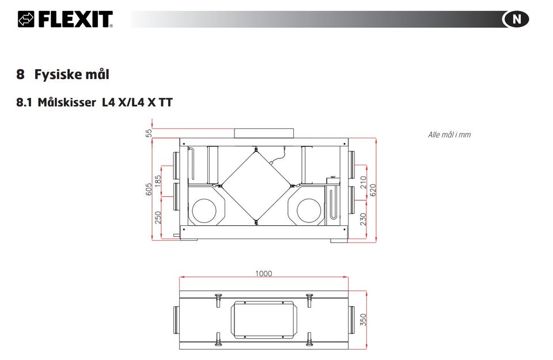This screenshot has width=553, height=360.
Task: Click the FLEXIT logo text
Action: [x=75, y=19]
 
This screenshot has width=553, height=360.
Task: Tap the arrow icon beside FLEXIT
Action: [x=26, y=19]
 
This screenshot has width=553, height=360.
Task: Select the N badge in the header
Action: [x=516, y=19]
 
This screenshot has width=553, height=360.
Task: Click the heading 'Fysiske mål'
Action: [x=71, y=74]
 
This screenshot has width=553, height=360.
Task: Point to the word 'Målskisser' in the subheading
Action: [x=67, y=103]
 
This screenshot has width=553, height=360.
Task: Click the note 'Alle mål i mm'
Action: [x=449, y=135]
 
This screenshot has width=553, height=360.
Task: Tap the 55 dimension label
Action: [x=149, y=133]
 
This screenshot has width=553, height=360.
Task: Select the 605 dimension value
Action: [x=149, y=189]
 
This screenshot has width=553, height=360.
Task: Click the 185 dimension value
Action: [x=158, y=181]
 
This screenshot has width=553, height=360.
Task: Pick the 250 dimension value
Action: [x=158, y=217]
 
